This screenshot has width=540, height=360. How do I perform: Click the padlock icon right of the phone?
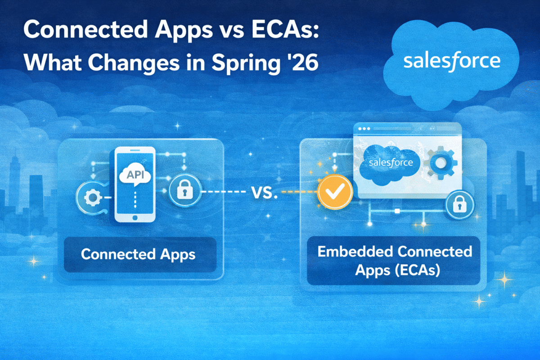click(x=182, y=192)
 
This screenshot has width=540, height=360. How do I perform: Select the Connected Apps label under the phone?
click(x=139, y=254)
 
